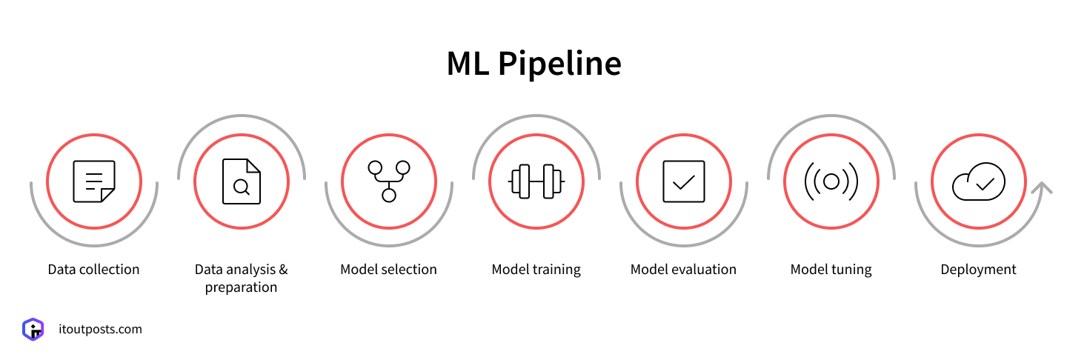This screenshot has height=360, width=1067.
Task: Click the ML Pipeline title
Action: pos(534,64)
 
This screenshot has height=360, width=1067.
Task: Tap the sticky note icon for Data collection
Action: pos(94,181)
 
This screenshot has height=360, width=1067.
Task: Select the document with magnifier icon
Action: pos(242,181)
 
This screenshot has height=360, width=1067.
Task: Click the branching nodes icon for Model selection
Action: pos(389,181)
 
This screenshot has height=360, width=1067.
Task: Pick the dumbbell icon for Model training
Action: pos(536,181)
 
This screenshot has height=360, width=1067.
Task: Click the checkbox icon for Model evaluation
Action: pos(683,181)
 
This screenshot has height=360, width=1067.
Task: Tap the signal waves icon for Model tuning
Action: pos(831,181)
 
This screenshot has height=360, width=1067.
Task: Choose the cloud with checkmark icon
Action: pos(978,182)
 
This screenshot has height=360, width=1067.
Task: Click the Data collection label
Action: pos(93,270)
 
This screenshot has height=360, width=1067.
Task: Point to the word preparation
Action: pos(241,288)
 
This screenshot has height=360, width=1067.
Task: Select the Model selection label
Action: pos(388,270)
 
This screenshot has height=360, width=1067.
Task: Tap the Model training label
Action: pos(536,270)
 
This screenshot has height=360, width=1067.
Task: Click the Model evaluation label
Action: pos(683,270)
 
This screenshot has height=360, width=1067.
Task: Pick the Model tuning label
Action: pos(831,270)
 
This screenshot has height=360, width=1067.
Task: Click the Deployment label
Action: pos(978,270)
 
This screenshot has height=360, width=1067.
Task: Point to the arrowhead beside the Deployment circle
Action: pos(1042,187)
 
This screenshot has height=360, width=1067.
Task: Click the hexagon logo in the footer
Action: pos(33,329)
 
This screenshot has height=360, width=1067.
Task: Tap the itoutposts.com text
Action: pos(100,330)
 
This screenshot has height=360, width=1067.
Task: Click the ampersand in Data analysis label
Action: pos(283,270)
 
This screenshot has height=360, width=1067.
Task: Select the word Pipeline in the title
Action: pos(559,64)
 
